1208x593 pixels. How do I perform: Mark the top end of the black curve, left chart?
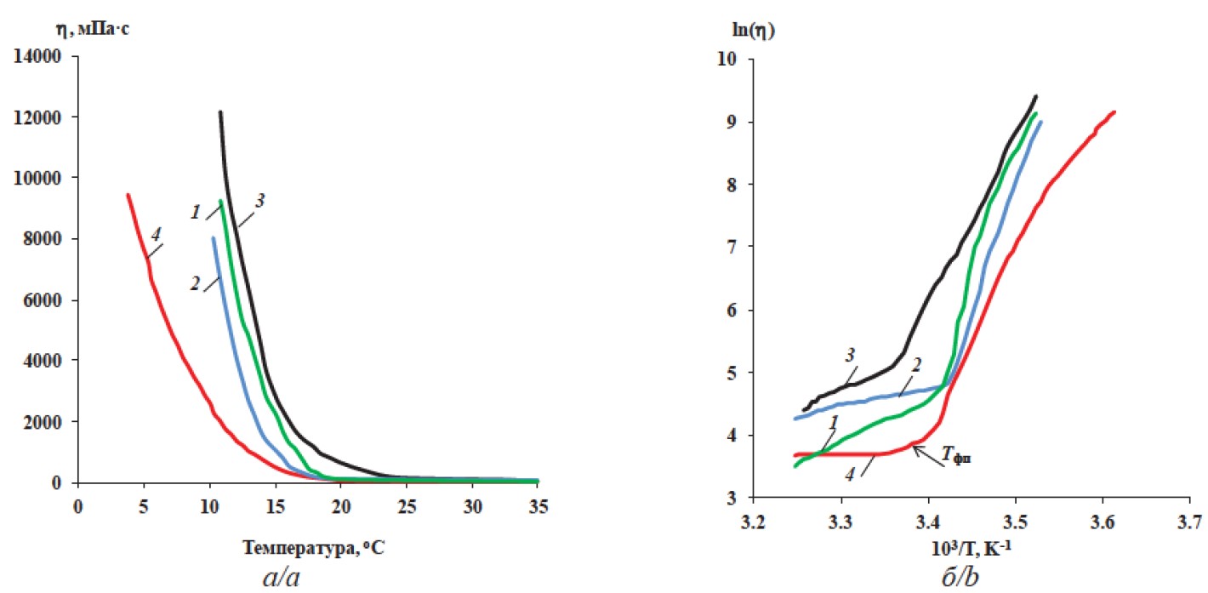click(219, 111)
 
